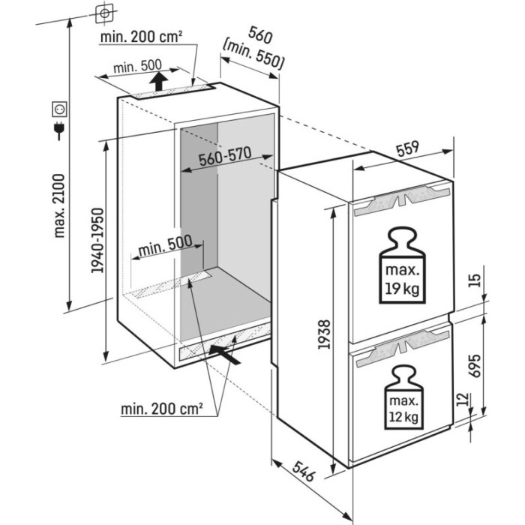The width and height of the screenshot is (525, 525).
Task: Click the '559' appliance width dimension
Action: [x=409, y=148]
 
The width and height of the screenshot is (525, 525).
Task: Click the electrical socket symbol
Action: [x=57, y=112]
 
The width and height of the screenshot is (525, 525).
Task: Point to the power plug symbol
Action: [x=57, y=133]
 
